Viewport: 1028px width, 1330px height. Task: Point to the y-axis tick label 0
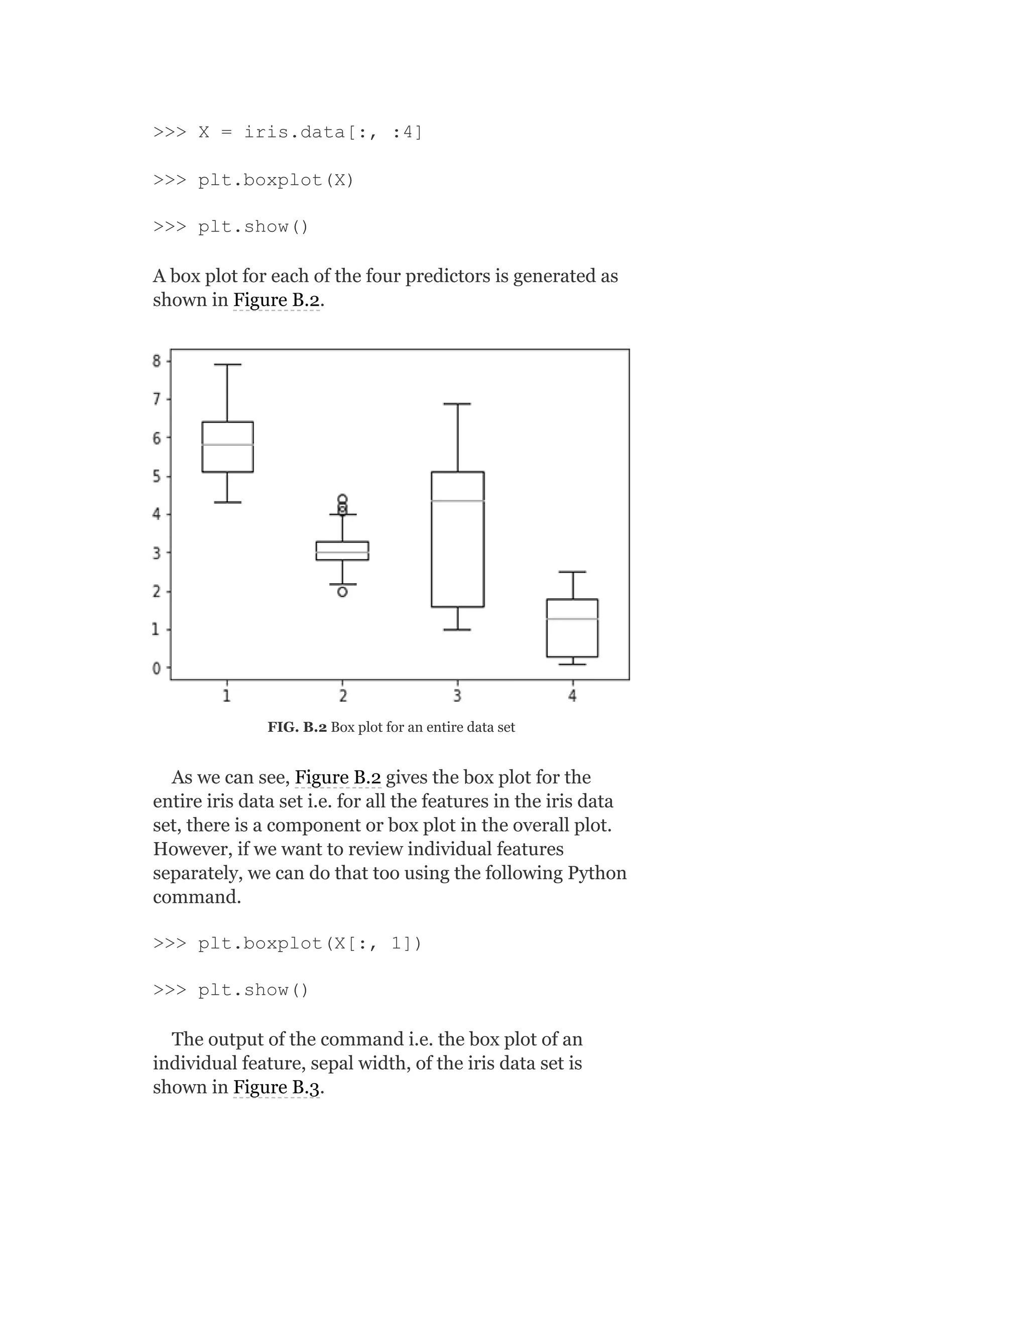point(157,668)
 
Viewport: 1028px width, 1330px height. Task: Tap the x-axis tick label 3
point(457,696)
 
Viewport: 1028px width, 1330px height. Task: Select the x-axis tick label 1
point(226,696)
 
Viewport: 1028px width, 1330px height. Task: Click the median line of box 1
point(227,445)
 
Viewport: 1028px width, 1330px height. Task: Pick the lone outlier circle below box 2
point(342,591)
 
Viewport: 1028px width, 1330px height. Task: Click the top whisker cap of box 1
point(227,364)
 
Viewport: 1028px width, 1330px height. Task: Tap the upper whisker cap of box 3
point(457,404)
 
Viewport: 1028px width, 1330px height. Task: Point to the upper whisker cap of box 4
point(572,572)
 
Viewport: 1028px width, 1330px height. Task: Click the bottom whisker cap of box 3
point(457,630)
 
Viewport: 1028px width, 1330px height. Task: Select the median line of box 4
point(572,619)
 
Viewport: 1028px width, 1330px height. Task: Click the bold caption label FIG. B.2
point(297,727)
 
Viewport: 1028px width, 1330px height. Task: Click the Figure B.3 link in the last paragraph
point(277,1087)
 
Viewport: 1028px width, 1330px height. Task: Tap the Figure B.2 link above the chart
point(277,300)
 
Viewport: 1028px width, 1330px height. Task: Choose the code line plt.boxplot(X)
point(253,180)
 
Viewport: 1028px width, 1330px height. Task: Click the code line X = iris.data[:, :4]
point(288,132)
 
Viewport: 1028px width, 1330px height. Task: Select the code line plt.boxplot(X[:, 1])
point(288,944)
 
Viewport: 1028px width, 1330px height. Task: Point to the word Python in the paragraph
point(597,873)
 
